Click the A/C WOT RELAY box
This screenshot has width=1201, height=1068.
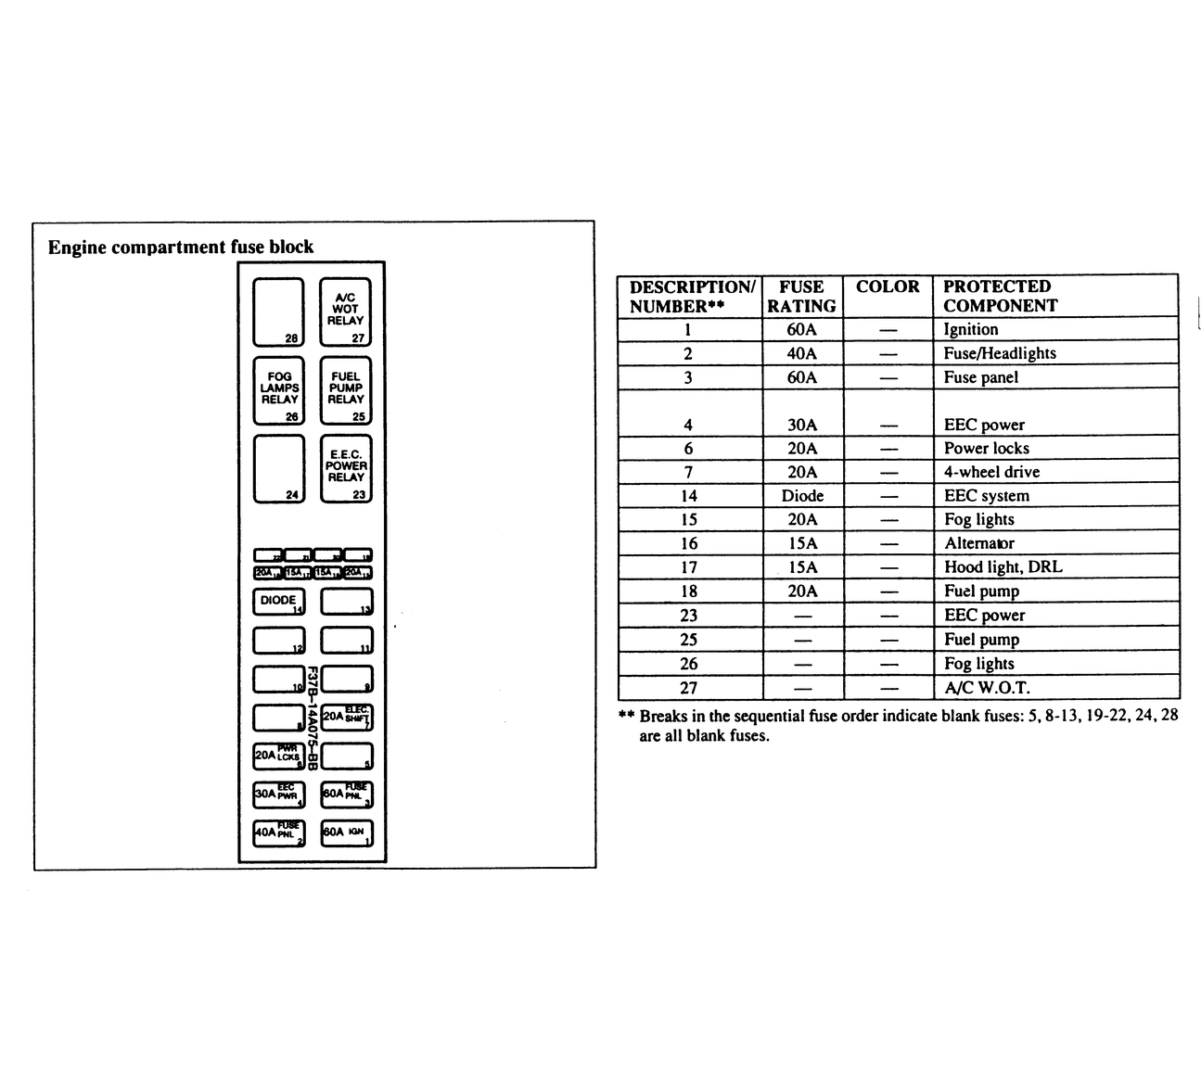[x=345, y=312]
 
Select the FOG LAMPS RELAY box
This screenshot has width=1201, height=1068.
[x=279, y=390]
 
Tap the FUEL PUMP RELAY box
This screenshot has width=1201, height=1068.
[x=345, y=390]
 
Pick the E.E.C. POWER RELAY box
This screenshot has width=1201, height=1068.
[x=346, y=468]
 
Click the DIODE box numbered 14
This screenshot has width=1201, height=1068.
[x=279, y=602]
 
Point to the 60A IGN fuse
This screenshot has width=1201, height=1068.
[x=347, y=833]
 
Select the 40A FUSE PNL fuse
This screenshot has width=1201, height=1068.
[x=279, y=833]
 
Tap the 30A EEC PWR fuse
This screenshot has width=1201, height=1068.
[x=279, y=795]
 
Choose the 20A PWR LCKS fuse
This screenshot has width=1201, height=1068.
[x=279, y=756]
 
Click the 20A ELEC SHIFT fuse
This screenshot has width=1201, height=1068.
[x=347, y=717]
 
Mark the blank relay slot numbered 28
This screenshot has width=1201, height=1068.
[x=278, y=312]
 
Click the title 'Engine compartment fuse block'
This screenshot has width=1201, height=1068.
[x=181, y=248]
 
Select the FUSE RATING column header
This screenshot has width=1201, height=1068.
[x=802, y=297]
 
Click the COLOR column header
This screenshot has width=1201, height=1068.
[x=888, y=287]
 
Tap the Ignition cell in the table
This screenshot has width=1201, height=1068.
[x=971, y=329]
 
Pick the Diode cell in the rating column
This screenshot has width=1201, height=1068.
[x=802, y=496]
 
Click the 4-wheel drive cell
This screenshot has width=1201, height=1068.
[x=991, y=472]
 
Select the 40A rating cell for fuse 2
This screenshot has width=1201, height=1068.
[x=802, y=353]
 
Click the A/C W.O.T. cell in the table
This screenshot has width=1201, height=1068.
[x=987, y=688]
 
